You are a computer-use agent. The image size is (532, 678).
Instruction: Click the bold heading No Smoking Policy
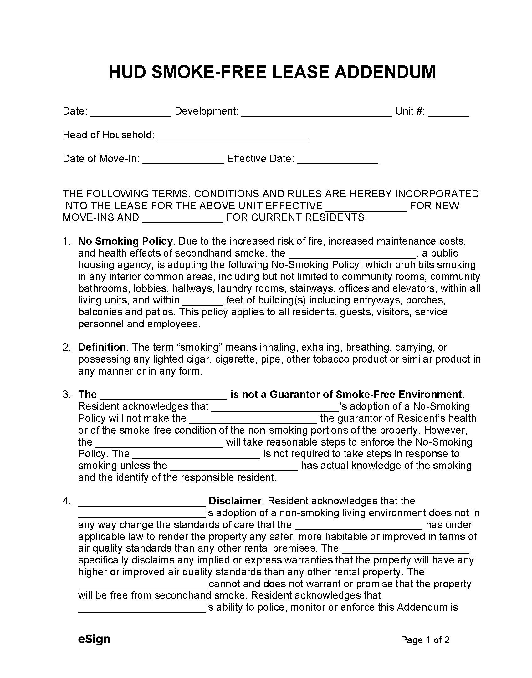[x=125, y=241]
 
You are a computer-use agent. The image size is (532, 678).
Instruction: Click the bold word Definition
[x=102, y=347]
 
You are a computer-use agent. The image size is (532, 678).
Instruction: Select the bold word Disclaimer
[x=235, y=501]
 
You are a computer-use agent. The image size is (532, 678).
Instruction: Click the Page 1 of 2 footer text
[x=425, y=640]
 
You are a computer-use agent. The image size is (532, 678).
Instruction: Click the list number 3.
[x=66, y=395]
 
